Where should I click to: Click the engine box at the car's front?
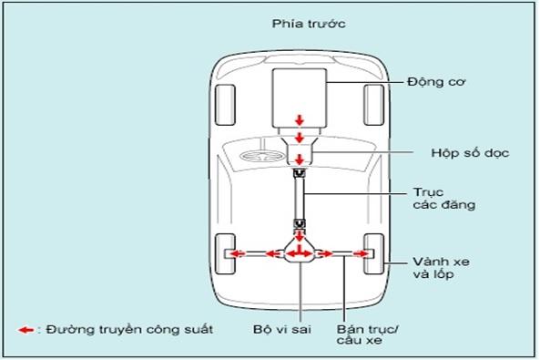pyautogui.click(x=300, y=95)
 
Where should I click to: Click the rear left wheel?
pyautogui.click(x=224, y=252)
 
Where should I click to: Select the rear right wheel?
pyautogui.click(x=372, y=252)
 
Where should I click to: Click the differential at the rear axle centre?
pyautogui.click(x=300, y=253)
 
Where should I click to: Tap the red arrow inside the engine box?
pyautogui.click(x=300, y=121)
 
